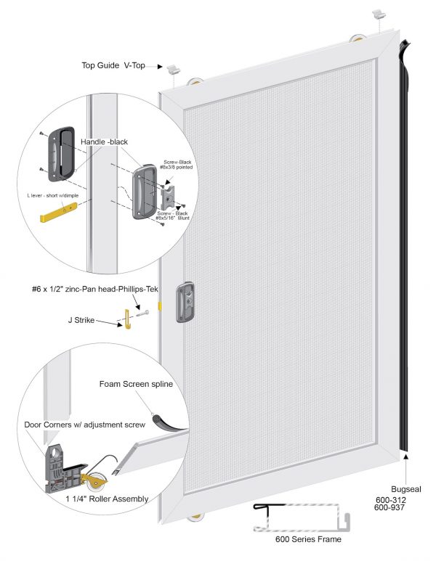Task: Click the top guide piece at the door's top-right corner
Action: click(379, 15)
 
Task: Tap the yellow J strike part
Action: click(126, 317)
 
